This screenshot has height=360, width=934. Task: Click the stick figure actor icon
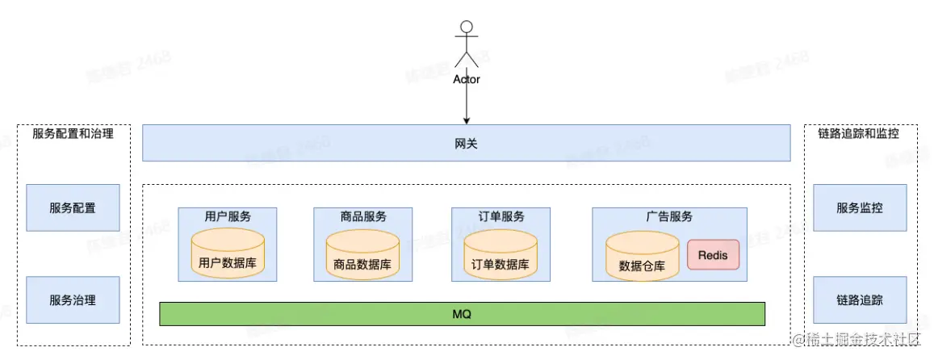pyautogui.click(x=466, y=45)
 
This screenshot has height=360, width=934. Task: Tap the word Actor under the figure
pyautogui.click(x=466, y=79)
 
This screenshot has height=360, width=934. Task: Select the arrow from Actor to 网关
pyautogui.click(x=466, y=105)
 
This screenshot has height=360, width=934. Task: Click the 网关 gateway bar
pyautogui.click(x=466, y=143)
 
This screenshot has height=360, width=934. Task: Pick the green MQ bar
pyautogui.click(x=462, y=313)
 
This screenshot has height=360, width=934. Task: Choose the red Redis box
pyautogui.click(x=713, y=255)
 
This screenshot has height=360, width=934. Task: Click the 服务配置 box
pyautogui.click(x=73, y=207)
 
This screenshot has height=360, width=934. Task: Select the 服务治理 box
pyautogui.click(x=73, y=300)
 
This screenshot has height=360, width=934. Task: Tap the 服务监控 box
pyautogui.click(x=860, y=207)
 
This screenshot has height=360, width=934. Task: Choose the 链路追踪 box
pyautogui.click(x=860, y=300)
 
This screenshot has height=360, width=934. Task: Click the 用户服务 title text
pyautogui.click(x=228, y=216)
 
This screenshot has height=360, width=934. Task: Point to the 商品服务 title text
pyautogui.click(x=362, y=216)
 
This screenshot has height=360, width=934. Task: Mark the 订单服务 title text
pyautogui.click(x=501, y=216)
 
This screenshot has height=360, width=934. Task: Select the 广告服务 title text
pyautogui.click(x=669, y=216)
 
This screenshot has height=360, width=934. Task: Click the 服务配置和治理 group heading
pyautogui.click(x=73, y=134)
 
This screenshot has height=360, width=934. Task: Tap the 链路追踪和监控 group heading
pyautogui.click(x=859, y=134)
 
